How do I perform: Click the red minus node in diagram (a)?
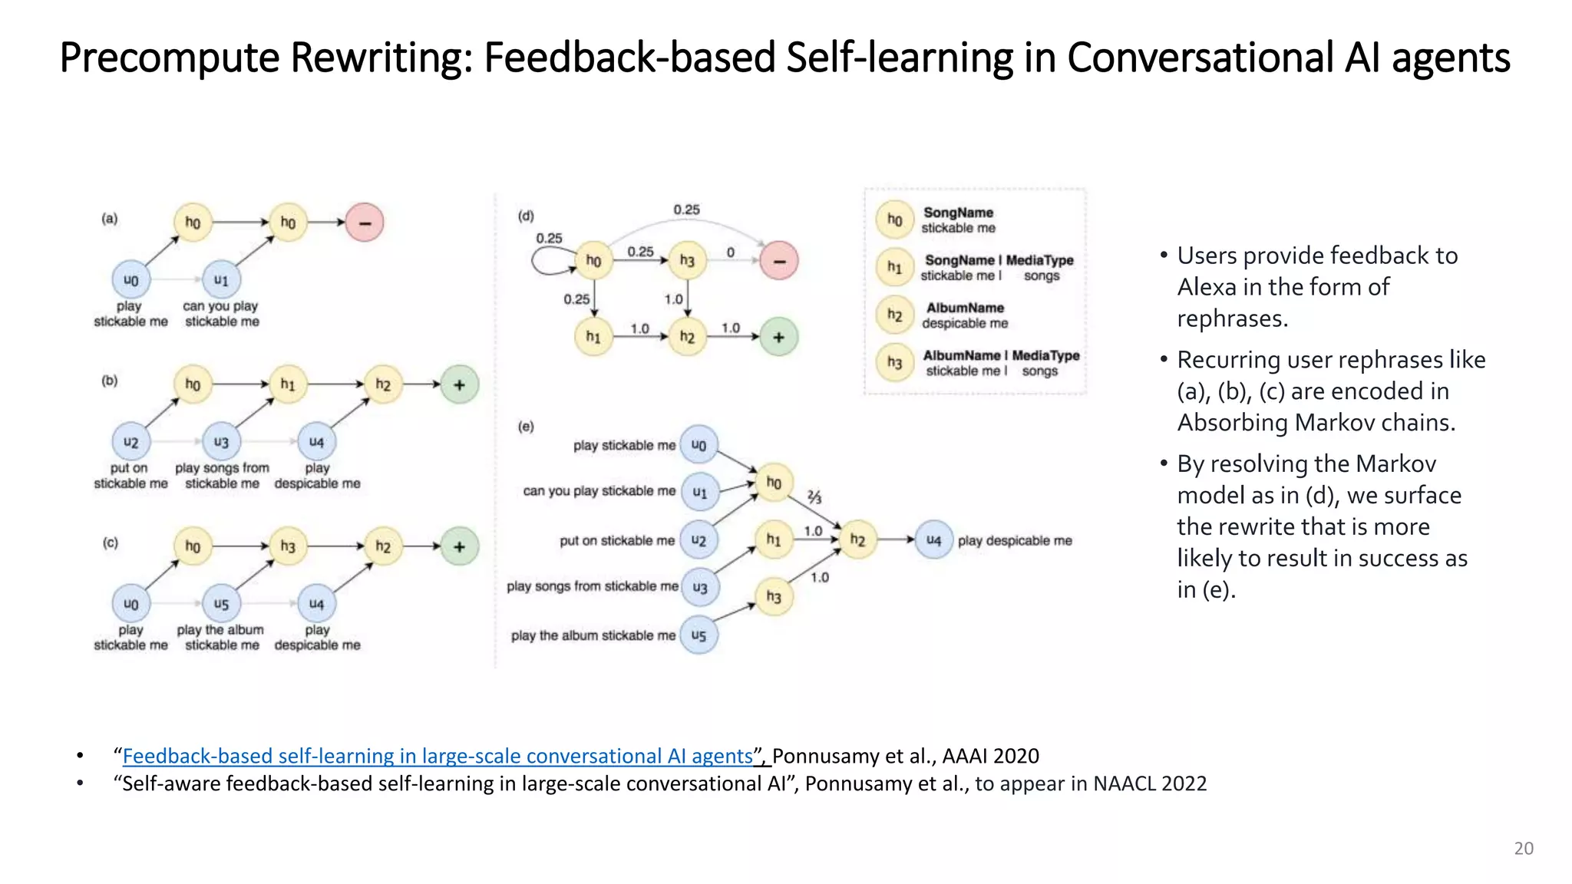365,223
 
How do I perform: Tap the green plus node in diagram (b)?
460,384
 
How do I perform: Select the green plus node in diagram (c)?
460,546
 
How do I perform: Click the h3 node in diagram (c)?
288,546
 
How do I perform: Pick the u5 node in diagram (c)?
221,604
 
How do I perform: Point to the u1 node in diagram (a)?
221,280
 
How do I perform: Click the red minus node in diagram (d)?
779,261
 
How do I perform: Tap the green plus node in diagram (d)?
779,337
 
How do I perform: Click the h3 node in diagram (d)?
687,261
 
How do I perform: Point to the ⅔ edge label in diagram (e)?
814,497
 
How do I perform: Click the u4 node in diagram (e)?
933,540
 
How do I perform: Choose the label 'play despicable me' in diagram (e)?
1015,541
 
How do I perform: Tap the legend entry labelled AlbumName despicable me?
965,315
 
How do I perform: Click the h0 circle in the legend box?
895,220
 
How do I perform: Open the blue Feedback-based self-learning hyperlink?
438,757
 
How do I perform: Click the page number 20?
1524,848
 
